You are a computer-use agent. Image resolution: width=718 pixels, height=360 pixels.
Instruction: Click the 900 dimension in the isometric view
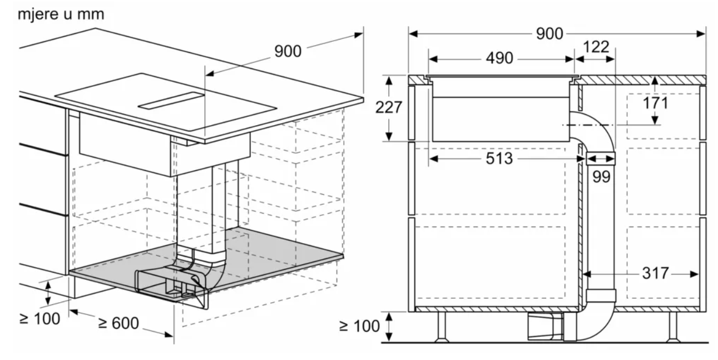click(x=288, y=51)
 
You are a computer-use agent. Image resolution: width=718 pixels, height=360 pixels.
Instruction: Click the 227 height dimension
click(x=388, y=108)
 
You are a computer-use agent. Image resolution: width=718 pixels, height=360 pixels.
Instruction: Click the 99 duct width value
click(x=601, y=177)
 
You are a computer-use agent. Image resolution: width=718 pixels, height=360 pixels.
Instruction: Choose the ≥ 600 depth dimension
click(x=118, y=323)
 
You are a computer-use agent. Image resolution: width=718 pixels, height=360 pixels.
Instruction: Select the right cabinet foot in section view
click(x=672, y=326)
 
